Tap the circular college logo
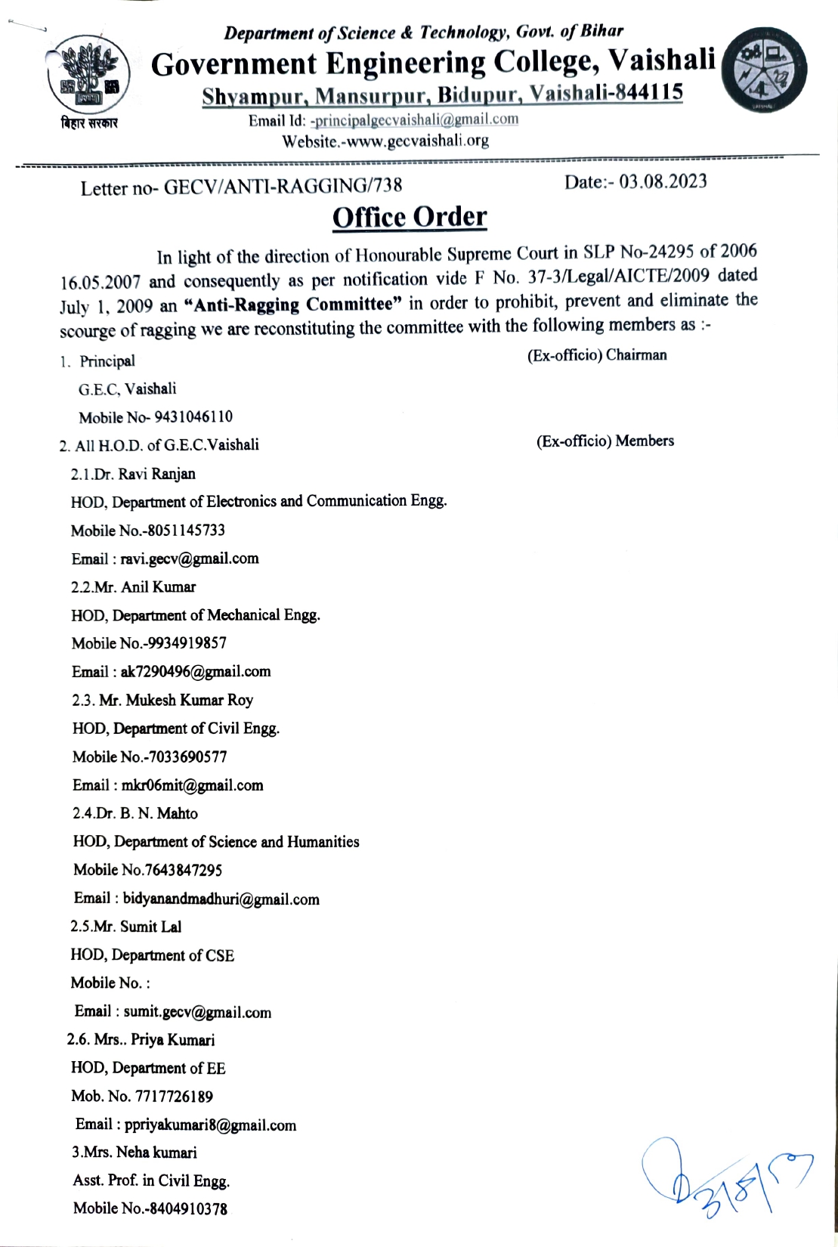pyautogui.click(x=764, y=70)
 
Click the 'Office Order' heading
pyautogui.click(x=410, y=217)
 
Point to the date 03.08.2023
pyautogui.click(x=663, y=181)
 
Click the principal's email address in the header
pyautogui.click(x=416, y=120)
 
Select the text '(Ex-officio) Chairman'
pyautogui.click(x=597, y=355)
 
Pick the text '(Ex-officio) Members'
pyautogui.click(x=605, y=441)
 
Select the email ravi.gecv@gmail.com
pyautogui.click(x=190, y=559)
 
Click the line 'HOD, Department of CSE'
pyautogui.click(x=153, y=955)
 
